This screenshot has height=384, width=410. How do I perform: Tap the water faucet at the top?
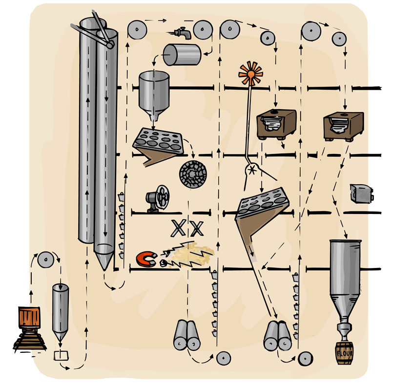click(182, 32)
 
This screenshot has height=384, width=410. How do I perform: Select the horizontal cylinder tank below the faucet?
click(182, 55)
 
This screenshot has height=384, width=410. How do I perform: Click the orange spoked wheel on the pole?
click(251, 74)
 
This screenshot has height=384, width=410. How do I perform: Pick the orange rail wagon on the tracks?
click(29, 317)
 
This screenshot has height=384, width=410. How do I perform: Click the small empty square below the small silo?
click(61, 355)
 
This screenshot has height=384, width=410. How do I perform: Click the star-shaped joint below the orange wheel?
click(252, 170)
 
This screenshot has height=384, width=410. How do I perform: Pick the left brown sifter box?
click(276, 124)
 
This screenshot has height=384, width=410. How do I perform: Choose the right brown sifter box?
click(343, 124)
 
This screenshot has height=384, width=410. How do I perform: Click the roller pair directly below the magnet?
click(187, 336)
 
